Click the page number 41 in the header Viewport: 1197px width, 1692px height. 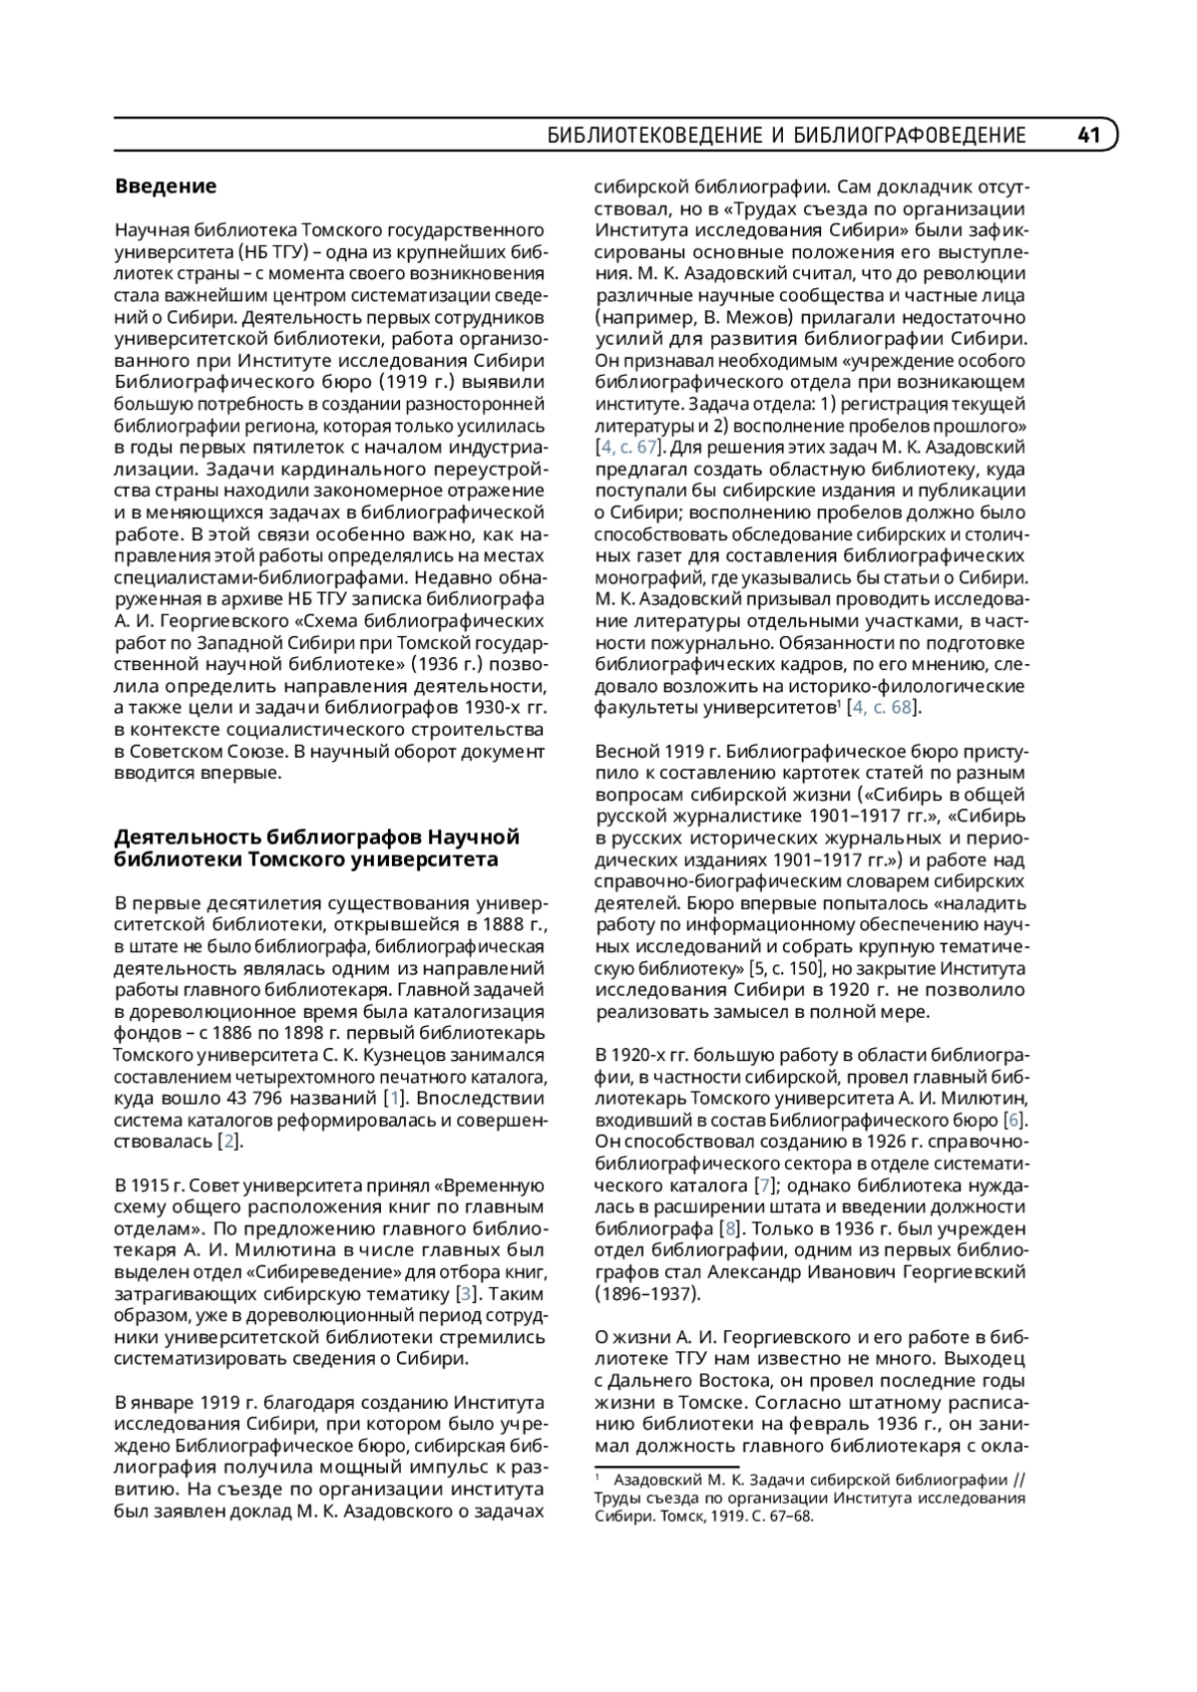tap(1088, 136)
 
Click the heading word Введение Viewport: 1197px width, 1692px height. tap(166, 186)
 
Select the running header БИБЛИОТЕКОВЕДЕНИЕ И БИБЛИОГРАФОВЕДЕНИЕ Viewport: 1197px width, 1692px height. tap(787, 136)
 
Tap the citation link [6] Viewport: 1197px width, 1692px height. tap(1014, 1120)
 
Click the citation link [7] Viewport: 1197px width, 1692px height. tap(766, 1185)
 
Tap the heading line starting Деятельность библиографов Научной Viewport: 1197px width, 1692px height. tap(317, 837)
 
